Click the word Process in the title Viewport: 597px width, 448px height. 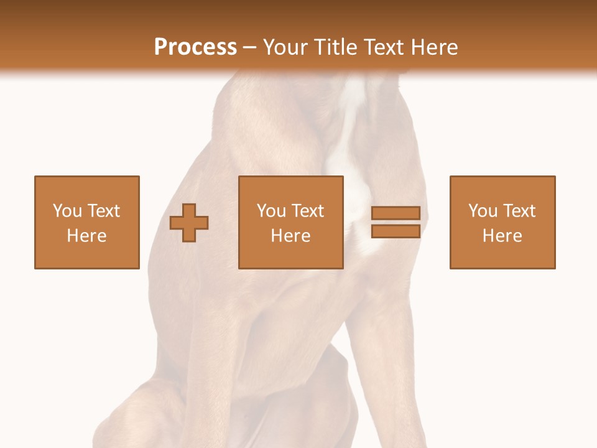[195, 47]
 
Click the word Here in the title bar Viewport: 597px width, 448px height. [435, 47]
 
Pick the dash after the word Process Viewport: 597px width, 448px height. [250, 48]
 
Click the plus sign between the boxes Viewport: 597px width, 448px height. [189, 223]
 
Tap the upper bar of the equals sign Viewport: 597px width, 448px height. [396, 213]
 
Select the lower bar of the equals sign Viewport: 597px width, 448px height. [396, 231]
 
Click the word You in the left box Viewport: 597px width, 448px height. [67, 211]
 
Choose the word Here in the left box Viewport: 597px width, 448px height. [86, 236]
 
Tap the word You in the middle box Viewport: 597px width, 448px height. [271, 211]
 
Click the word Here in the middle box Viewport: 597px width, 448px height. [290, 236]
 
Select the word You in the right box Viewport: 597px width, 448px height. [483, 211]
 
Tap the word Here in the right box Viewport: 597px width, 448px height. [502, 236]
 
